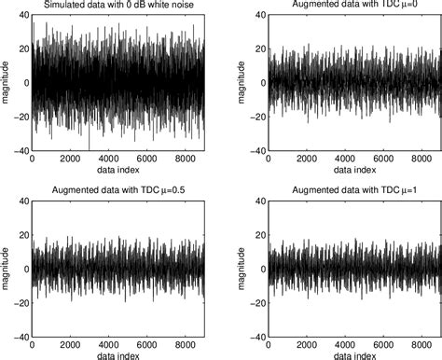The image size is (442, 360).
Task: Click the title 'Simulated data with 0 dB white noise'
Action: point(119,7)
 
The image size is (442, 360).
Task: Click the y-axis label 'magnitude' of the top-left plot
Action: point(7,82)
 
